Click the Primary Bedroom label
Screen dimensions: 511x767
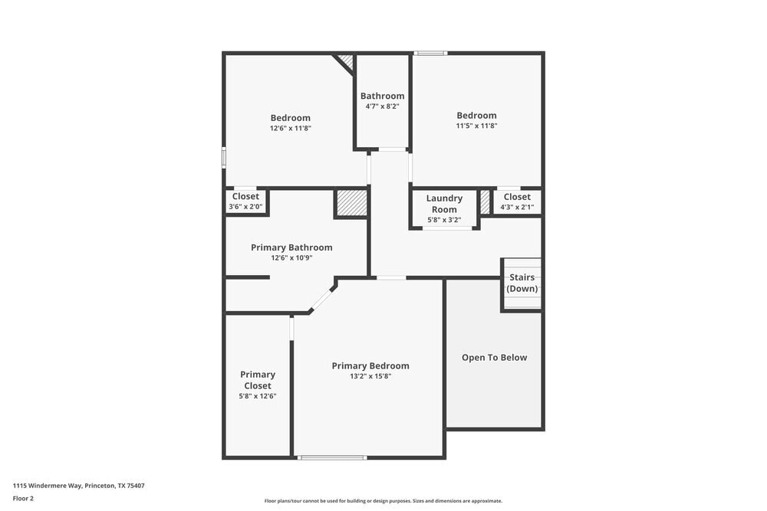370,366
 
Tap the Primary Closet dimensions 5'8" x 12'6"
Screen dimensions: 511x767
258,396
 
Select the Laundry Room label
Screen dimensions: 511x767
444,204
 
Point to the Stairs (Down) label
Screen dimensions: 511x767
522,283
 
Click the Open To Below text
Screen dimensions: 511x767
495,358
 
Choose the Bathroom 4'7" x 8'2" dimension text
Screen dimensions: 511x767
383,106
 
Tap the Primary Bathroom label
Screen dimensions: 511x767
291,247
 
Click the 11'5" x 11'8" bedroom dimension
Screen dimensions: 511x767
477,126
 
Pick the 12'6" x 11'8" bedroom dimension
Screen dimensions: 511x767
291,128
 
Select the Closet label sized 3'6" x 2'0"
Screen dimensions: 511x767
245,197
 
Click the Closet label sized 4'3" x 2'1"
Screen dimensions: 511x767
517,197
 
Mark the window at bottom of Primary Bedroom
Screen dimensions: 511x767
332,457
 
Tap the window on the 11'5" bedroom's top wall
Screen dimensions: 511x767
430,53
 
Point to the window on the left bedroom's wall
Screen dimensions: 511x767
224,156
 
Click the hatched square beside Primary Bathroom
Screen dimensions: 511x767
352,203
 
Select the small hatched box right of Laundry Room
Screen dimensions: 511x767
485,202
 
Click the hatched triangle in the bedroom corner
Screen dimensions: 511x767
347,60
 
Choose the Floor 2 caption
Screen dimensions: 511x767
23,498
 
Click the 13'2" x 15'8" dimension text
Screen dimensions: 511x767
370,376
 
